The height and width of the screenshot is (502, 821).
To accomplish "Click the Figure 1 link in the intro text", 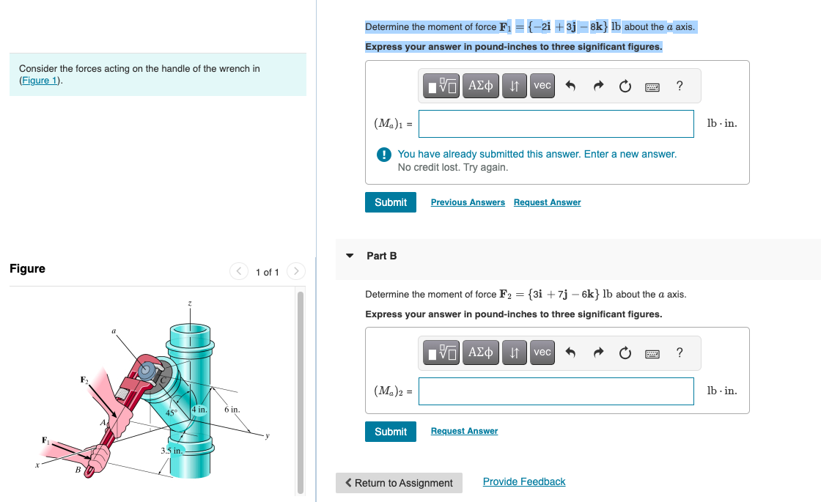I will click(x=40, y=80).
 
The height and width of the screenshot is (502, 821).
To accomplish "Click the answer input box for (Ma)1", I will click(x=556, y=124).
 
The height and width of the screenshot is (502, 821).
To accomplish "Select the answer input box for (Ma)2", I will click(x=556, y=391).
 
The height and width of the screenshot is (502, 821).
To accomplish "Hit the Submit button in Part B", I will click(x=390, y=432).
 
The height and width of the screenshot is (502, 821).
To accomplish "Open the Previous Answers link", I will click(x=468, y=202).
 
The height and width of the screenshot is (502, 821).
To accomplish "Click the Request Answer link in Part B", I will click(x=464, y=431).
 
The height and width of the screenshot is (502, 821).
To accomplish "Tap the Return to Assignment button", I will click(x=399, y=483).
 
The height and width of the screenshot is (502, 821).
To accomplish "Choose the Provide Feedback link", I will click(x=524, y=481).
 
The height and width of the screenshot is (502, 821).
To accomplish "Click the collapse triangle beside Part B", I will click(x=350, y=256).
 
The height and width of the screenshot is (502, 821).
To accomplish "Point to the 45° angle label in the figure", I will click(x=172, y=413).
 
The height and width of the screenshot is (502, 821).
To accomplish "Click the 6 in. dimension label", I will click(x=232, y=410).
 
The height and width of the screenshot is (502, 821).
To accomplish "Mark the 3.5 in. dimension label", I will click(x=171, y=451).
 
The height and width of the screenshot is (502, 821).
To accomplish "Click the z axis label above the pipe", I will click(x=190, y=303).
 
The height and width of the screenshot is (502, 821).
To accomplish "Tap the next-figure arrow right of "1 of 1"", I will click(x=295, y=272).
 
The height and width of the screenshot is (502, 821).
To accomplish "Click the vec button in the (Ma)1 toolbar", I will click(x=542, y=86).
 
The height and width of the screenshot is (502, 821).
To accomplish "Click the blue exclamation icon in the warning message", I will click(x=383, y=155).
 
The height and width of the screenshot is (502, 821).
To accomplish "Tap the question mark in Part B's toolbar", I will click(x=680, y=353).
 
